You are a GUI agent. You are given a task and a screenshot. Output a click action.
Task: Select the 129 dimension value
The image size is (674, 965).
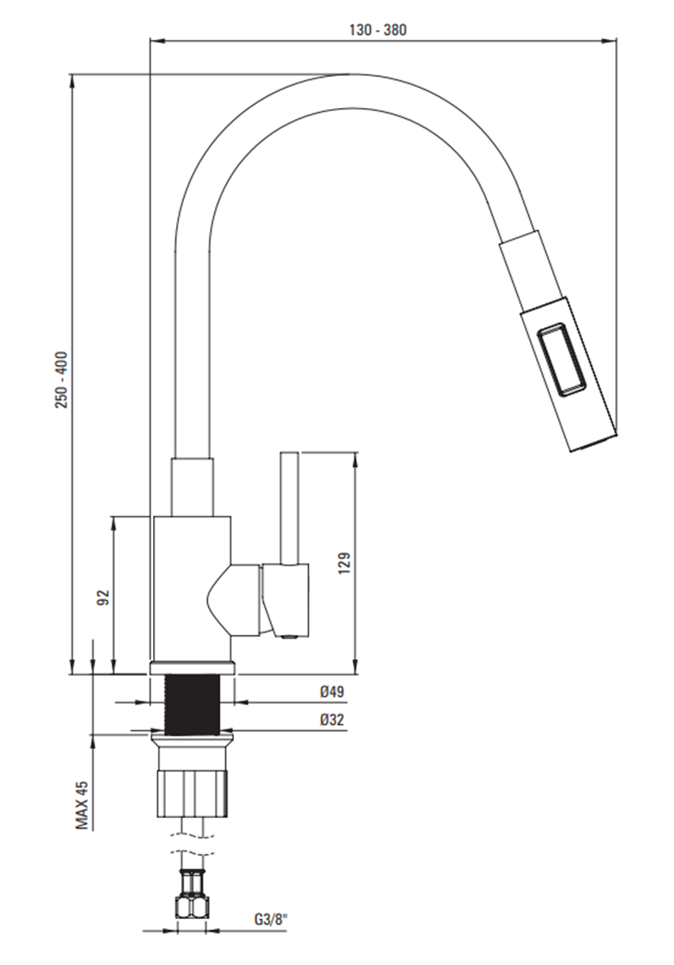(x=344, y=562)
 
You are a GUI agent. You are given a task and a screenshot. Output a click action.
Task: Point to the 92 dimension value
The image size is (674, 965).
(x=102, y=597)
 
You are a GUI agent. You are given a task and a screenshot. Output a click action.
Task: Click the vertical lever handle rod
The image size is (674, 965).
(x=289, y=508)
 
